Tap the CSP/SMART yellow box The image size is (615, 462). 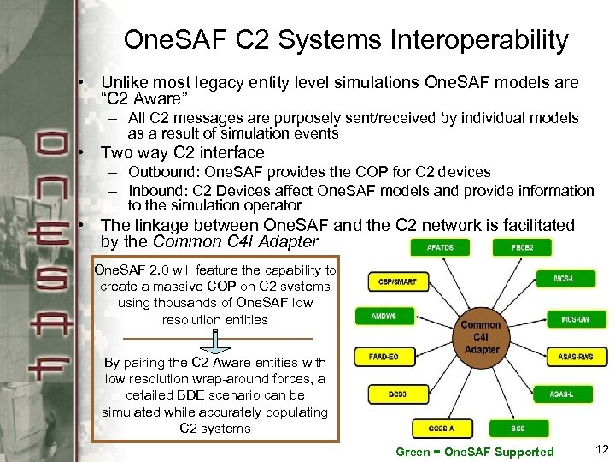point(398,281)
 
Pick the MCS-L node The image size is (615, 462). point(563,278)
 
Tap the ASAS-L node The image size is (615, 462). point(562,394)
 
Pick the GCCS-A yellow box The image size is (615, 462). point(441,427)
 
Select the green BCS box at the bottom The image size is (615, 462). point(518,427)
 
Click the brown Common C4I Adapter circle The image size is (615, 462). point(481,337)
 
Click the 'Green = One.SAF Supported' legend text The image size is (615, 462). point(475,451)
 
